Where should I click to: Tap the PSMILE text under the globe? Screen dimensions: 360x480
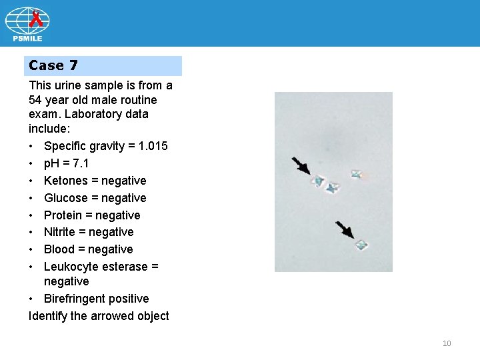[x=27, y=38]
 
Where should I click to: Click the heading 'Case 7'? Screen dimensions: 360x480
[x=53, y=65]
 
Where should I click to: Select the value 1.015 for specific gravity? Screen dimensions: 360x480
[x=152, y=146]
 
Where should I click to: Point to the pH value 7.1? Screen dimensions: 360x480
[x=79, y=163]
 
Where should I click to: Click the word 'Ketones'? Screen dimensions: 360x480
[x=65, y=181]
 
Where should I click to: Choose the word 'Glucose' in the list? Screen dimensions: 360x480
[x=65, y=198]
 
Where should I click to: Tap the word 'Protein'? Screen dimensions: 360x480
[x=63, y=215]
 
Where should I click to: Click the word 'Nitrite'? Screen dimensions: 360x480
[x=61, y=232]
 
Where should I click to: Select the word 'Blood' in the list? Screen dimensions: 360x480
[x=59, y=249]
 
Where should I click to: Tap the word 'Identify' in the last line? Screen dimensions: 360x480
[x=49, y=316]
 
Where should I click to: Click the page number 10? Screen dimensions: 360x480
[x=447, y=343]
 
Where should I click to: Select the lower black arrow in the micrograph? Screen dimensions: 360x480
[x=345, y=230]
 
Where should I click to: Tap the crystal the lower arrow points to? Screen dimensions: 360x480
[x=361, y=245]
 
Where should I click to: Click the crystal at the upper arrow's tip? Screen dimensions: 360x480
[x=319, y=181]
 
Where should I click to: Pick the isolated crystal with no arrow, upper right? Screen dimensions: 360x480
[x=357, y=175]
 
